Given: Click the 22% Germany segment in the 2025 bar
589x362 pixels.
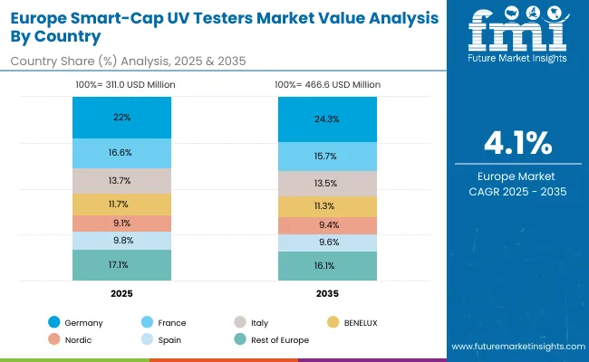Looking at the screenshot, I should point(122,118).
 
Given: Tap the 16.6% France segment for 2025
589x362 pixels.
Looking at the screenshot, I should point(122,153).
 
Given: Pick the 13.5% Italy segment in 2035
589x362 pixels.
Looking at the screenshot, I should point(327,184).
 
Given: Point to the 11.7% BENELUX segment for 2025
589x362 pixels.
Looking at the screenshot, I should point(122,205).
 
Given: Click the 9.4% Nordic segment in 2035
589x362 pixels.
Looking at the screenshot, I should point(327,226).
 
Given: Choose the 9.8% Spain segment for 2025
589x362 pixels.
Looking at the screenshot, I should point(122,241).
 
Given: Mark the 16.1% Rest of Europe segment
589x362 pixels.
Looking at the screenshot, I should point(327,266).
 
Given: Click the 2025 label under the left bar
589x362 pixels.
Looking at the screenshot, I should point(122,293).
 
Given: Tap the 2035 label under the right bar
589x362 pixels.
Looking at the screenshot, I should point(327,293).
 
